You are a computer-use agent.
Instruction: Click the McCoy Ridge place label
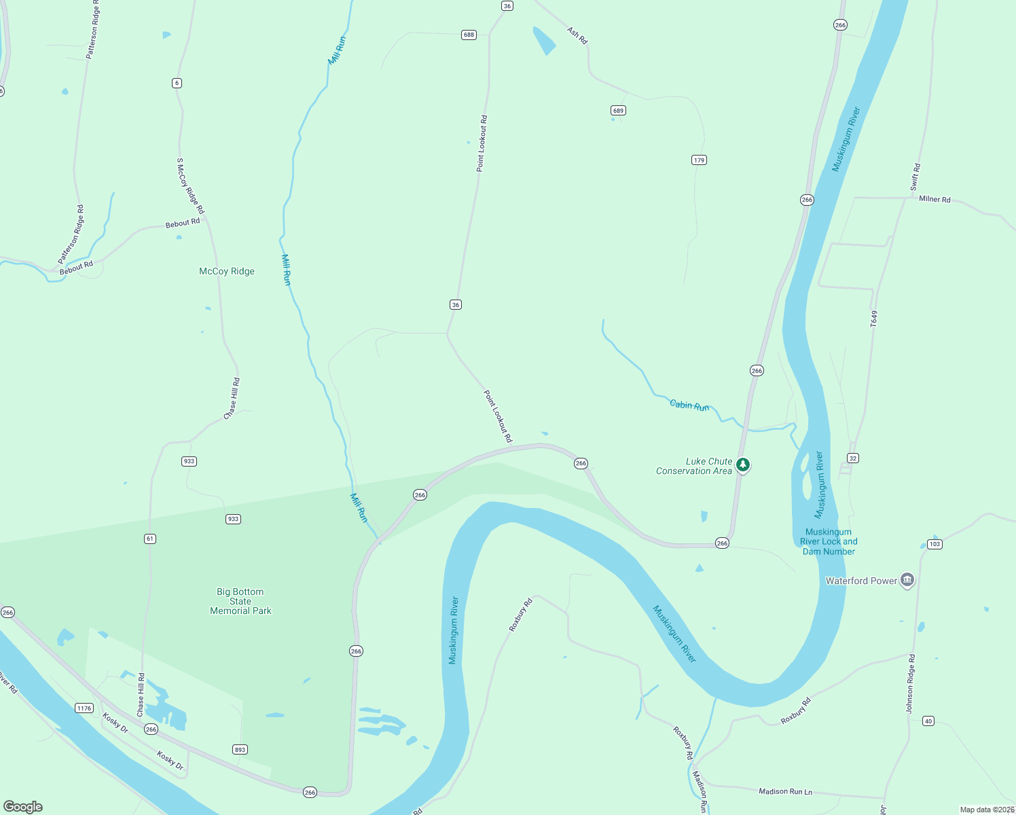227,271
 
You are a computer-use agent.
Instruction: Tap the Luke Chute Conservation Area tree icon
744,465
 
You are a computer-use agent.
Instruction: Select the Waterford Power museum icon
907,580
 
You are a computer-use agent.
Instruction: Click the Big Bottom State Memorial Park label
240,601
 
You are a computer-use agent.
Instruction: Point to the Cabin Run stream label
689,405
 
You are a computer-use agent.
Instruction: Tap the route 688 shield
469,35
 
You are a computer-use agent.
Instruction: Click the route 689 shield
618,111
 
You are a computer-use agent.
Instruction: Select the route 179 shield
699,160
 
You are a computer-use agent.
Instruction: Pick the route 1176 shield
84,708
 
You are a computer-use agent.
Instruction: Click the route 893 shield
240,750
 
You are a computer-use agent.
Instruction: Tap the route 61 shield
150,539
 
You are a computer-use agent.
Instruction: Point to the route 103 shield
935,544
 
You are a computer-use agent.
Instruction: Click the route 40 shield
928,721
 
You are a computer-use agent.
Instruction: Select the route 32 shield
853,458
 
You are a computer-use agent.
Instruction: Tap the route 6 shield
177,84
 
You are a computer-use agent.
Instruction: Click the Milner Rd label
935,199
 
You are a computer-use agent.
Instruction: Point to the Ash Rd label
577,35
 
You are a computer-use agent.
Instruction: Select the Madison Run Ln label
785,791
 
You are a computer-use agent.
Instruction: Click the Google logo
23,807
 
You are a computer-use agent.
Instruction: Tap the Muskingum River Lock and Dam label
829,542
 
